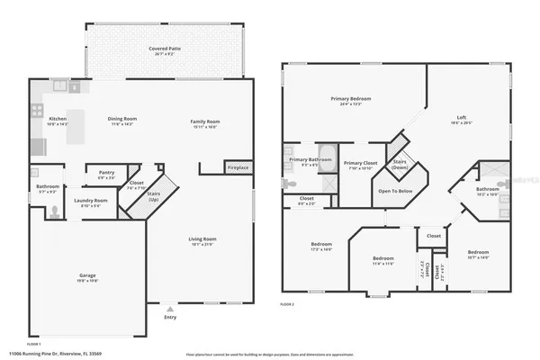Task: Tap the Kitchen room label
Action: point(58,119)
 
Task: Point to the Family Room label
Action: point(204,121)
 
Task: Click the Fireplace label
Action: point(238,167)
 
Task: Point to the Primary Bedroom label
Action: point(350,98)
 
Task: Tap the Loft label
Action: point(461,119)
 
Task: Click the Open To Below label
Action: point(395,191)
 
